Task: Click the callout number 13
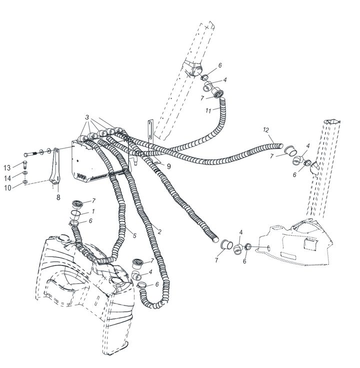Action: pyautogui.click(x=7, y=168)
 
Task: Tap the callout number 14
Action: pyautogui.click(x=7, y=178)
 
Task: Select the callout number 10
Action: pyautogui.click(x=7, y=188)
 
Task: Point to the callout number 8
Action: pyautogui.click(x=58, y=197)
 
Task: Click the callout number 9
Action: pyautogui.click(x=168, y=166)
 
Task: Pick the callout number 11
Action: pyautogui.click(x=208, y=110)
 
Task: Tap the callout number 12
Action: pyautogui.click(x=266, y=130)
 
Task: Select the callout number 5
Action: pyautogui.click(x=134, y=235)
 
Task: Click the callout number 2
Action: pyautogui.click(x=159, y=232)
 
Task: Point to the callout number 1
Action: pyautogui.click(x=93, y=211)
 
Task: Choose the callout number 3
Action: pyautogui.click(x=87, y=117)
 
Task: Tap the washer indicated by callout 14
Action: pyautogui.click(x=25, y=173)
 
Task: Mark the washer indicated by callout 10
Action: pyautogui.click(x=25, y=181)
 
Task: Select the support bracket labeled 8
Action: pyautogui.click(x=55, y=167)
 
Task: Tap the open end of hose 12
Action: pyautogui.click(x=280, y=145)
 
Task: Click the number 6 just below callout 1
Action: pyautogui.click(x=90, y=221)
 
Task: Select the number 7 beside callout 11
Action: pyautogui.click(x=202, y=98)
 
